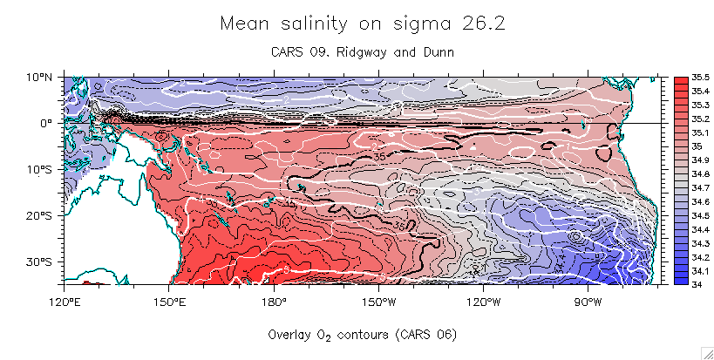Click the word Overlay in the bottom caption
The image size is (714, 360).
tap(289, 334)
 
